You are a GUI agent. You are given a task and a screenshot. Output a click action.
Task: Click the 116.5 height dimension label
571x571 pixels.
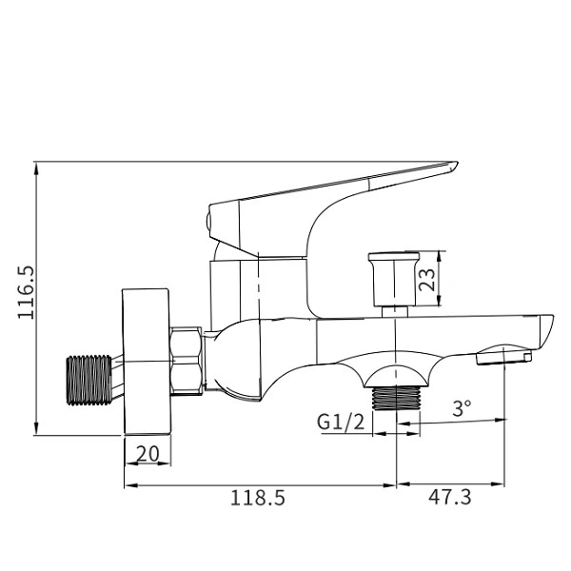[26, 292]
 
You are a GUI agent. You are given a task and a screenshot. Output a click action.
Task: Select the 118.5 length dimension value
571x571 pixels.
[258, 496]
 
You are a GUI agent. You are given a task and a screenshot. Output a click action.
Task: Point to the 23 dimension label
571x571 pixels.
[429, 280]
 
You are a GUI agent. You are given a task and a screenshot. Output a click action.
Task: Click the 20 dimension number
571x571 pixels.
[148, 454]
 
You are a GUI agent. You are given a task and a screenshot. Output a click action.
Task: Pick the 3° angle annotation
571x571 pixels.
[462, 409]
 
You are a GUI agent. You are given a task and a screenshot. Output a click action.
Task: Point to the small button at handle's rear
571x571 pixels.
[209, 223]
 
